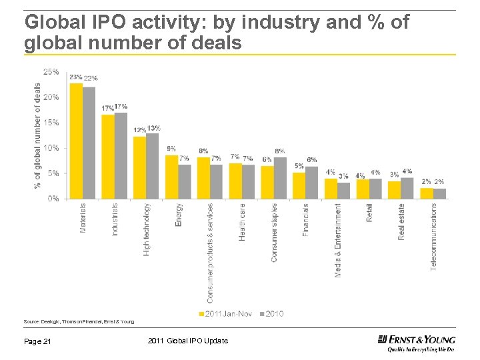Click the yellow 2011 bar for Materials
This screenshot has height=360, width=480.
pyautogui.click(x=76, y=141)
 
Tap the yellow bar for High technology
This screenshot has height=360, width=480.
pyautogui.click(x=139, y=167)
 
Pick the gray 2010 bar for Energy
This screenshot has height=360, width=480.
pyautogui.click(x=185, y=181)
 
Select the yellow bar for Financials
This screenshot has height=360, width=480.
pyautogui.click(x=299, y=185)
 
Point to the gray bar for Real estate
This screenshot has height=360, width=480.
pyautogui.click(x=407, y=188)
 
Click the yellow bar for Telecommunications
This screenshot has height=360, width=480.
pyautogui.click(x=426, y=193)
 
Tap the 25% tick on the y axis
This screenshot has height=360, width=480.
pyautogui.click(x=51, y=71)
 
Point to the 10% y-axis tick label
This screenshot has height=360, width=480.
pyautogui.click(x=51, y=148)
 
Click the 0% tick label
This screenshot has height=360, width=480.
pyautogui.click(x=53, y=199)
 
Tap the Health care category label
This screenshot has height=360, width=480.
pyautogui.click(x=242, y=222)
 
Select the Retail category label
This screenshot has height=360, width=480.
pyautogui.click(x=369, y=213)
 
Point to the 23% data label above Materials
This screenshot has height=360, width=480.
pyautogui.click(x=75, y=77)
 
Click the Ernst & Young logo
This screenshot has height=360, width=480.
pyautogui.click(x=416, y=343)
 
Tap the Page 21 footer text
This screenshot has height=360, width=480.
pyautogui.click(x=38, y=341)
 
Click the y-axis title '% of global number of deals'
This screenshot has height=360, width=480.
pyautogui.click(x=37, y=135)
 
